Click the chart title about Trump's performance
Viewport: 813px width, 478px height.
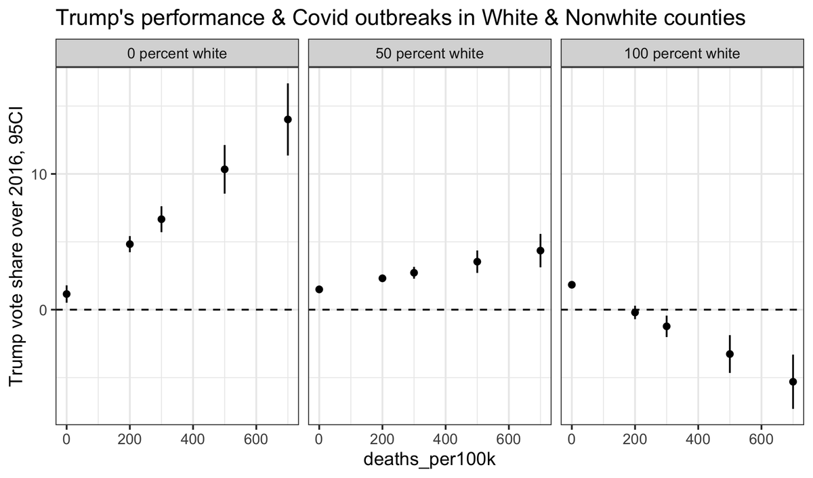click(x=400, y=18)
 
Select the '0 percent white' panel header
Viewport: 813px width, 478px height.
click(x=177, y=54)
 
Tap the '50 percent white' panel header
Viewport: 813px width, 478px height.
click(x=430, y=54)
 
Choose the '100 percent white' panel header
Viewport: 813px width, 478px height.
click(x=683, y=54)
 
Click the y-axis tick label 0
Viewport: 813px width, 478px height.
click(x=43, y=310)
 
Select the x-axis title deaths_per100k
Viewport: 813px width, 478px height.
click(x=430, y=460)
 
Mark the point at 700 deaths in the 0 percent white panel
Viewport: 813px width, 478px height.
click(x=288, y=119)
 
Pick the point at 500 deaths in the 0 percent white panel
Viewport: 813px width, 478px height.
click(x=224, y=170)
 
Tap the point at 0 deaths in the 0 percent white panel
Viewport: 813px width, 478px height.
click(x=66, y=294)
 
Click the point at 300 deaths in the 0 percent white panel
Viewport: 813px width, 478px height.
click(x=161, y=219)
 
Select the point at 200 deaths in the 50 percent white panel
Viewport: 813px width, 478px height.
click(x=382, y=278)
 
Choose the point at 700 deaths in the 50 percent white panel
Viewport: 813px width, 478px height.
click(x=541, y=250)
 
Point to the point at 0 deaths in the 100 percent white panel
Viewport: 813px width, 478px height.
click(x=572, y=285)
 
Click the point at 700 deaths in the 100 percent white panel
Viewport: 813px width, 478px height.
click(x=793, y=382)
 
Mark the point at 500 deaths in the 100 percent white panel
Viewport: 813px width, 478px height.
click(x=730, y=354)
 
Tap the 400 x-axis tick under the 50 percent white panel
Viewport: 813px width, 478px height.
click(x=446, y=438)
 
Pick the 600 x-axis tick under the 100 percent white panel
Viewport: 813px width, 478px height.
click(x=762, y=438)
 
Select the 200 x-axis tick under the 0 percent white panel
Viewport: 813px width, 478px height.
click(x=130, y=438)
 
